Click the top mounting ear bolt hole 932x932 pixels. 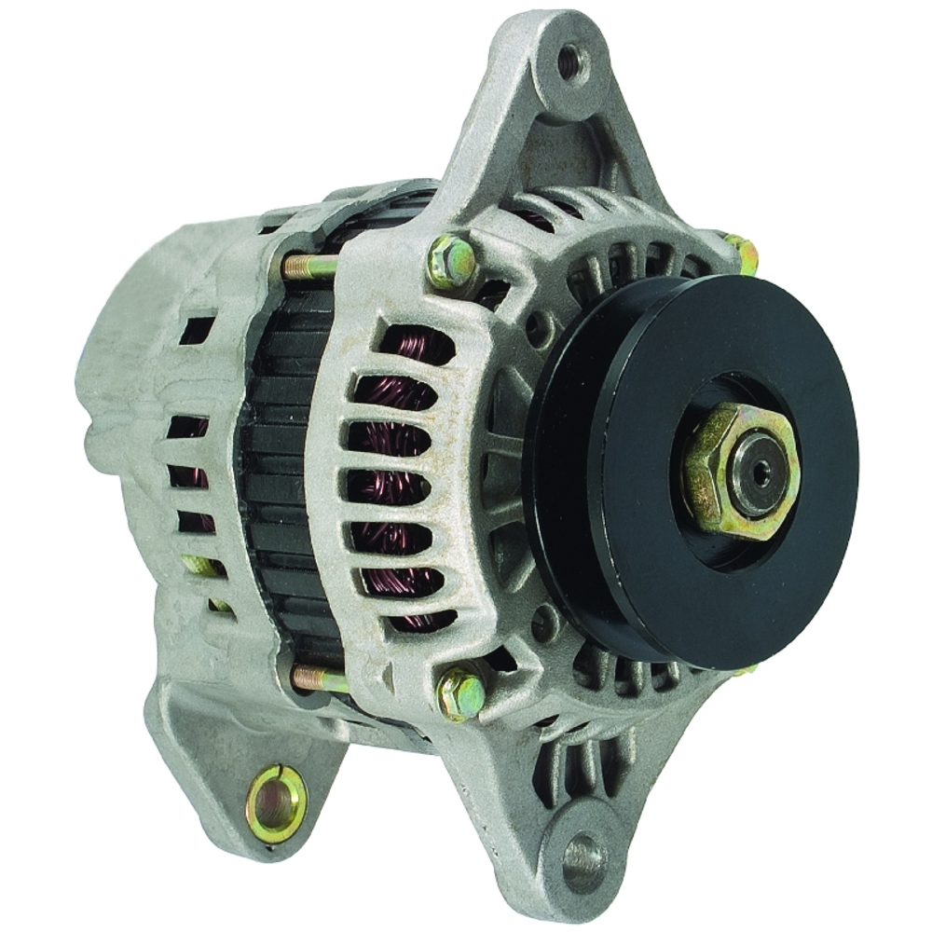coord(570,63)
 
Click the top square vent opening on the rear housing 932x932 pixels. coord(197,330)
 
